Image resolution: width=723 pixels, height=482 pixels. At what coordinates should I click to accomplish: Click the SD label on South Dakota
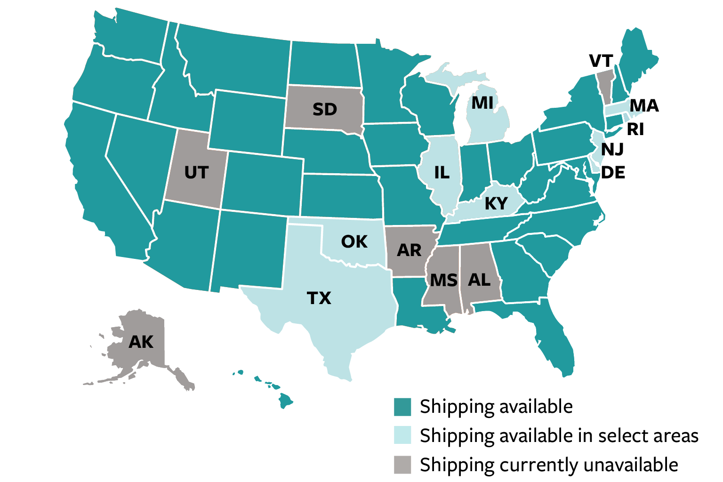coord(325,109)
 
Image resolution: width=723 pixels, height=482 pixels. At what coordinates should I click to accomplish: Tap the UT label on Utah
coord(196,173)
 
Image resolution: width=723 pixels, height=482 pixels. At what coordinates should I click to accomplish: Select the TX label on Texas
coord(319,298)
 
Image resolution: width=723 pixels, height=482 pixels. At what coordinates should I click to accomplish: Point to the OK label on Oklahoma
coord(354,241)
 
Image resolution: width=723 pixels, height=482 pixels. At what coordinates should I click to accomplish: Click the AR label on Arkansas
coord(409,250)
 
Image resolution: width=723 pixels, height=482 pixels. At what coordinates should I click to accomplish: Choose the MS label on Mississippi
coord(444,281)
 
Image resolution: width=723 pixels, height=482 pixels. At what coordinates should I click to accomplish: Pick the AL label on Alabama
coord(479,280)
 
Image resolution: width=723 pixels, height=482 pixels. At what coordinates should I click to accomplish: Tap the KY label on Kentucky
coord(496,204)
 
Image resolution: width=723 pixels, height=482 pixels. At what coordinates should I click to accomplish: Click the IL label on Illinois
coord(442,172)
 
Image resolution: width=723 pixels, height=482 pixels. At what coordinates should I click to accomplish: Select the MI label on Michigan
coord(482,103)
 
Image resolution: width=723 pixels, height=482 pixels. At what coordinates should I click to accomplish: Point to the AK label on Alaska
coord(141,342)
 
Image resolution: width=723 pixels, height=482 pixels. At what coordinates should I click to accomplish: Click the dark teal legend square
coord(402,407)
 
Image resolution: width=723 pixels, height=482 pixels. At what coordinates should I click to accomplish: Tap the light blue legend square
coord(402,435)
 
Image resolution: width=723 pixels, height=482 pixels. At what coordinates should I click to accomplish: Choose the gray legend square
coord(402,464)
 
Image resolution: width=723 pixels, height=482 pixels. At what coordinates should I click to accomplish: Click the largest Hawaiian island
coord(285,401)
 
